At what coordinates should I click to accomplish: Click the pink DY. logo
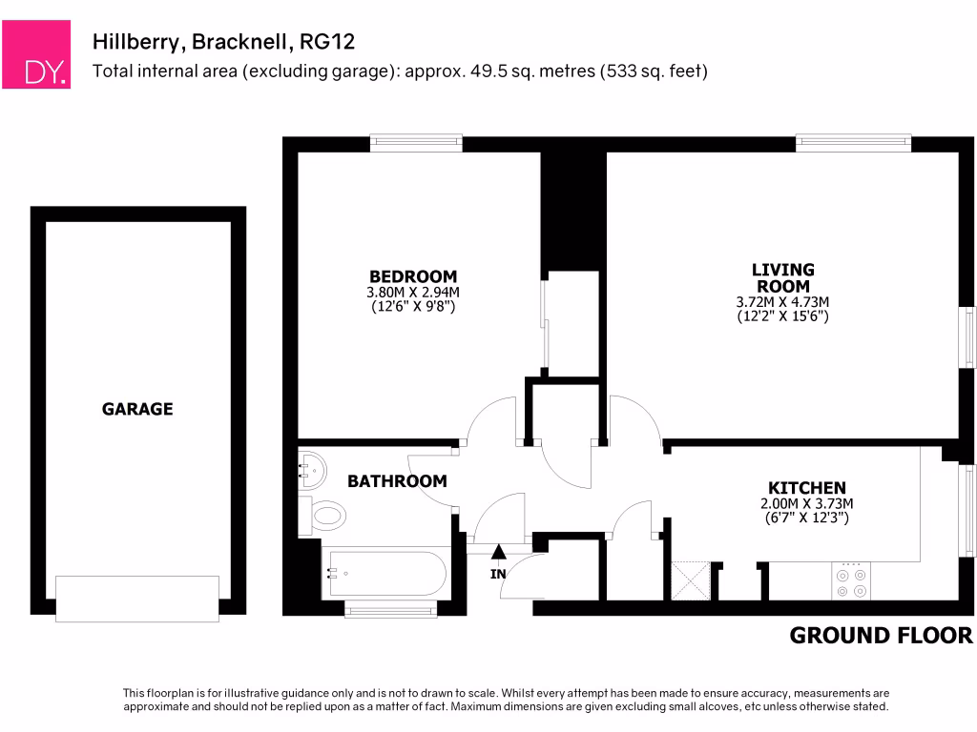[36, 54]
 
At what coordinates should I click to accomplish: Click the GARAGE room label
[137, 409]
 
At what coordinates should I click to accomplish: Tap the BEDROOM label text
[413, 276]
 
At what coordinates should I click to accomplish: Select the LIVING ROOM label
[782, 277]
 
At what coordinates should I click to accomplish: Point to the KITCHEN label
[806, 487]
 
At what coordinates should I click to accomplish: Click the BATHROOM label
[397, 481]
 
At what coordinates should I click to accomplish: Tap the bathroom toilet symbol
[322, 516]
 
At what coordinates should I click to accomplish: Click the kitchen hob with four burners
[850, 581]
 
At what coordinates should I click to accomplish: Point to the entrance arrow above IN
[498, 551]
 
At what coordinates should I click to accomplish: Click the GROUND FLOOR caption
[881, 636]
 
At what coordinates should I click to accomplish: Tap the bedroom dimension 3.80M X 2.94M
[413, 293]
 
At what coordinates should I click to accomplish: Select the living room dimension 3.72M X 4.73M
[782, 301]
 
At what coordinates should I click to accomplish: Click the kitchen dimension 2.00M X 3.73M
[806, 503]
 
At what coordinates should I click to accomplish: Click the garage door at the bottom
[137, 599]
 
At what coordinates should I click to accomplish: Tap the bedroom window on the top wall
[416, 143]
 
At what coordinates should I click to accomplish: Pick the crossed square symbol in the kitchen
[692, 580]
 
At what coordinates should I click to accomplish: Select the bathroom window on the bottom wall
[390, 609]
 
